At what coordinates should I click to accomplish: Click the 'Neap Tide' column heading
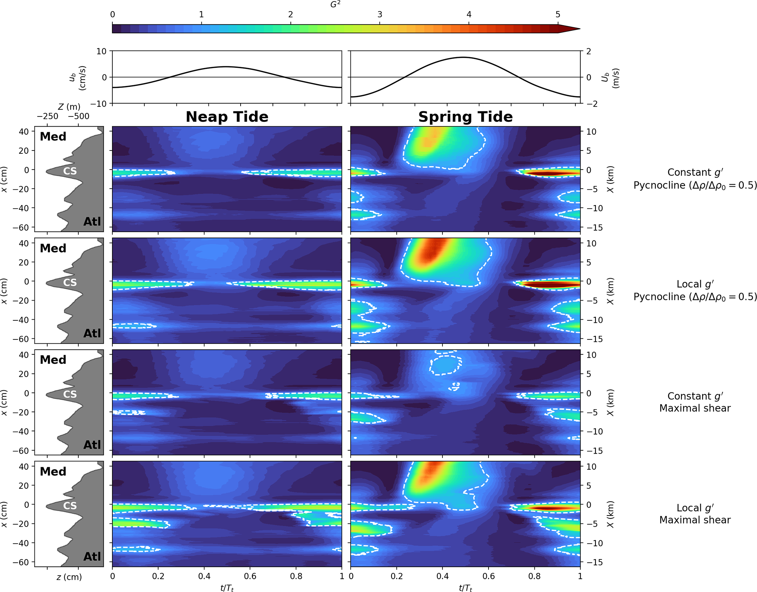227,117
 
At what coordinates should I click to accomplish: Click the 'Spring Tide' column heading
465,117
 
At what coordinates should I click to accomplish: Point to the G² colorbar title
335,5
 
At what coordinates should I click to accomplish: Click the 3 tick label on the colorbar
380,15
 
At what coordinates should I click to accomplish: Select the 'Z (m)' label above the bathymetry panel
69,107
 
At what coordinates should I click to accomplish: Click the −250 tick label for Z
48,116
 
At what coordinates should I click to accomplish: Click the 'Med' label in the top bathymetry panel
53,137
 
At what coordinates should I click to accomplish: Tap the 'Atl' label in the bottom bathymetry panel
92,556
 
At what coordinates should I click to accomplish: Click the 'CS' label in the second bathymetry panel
70,283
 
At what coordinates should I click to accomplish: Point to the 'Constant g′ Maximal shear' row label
695,402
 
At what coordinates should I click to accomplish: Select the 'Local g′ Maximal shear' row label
695,514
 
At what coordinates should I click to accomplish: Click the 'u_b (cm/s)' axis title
78,78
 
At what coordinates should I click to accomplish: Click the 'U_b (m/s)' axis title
610,78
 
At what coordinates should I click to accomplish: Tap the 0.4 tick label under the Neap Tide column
204,576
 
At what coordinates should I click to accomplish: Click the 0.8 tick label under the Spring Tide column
534,576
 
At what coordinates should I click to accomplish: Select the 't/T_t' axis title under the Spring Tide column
465,588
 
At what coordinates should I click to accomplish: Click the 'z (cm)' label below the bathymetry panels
69,577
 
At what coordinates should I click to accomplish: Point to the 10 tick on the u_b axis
101,51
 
